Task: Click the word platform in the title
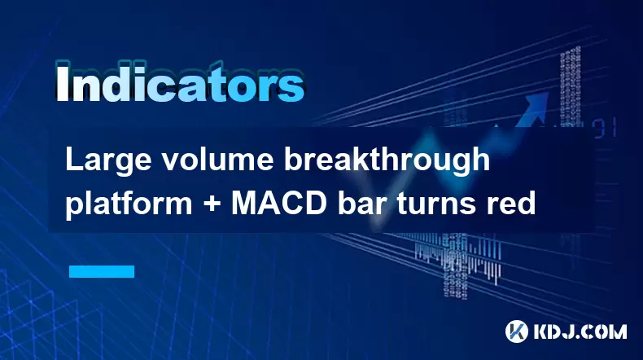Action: tap(129, 204)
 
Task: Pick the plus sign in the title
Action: tap(212, 204)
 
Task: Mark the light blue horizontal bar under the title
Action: tap(102, 271)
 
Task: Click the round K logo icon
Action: tap(517, 331)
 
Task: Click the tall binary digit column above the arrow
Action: tap(571, 86)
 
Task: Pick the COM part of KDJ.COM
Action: tap(606, 331)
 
